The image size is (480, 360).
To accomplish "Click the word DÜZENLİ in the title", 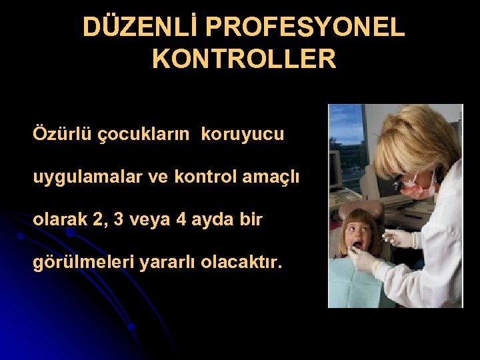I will pyautogui.click(x=140, y=27).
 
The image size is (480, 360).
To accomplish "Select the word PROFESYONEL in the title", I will pyautogui.click(x=305, y=27).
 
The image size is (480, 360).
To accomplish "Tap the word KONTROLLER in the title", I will pyautogui.click(x=244, y=59).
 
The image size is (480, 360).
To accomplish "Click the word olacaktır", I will pyautogui.click(x=245, y=263).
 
